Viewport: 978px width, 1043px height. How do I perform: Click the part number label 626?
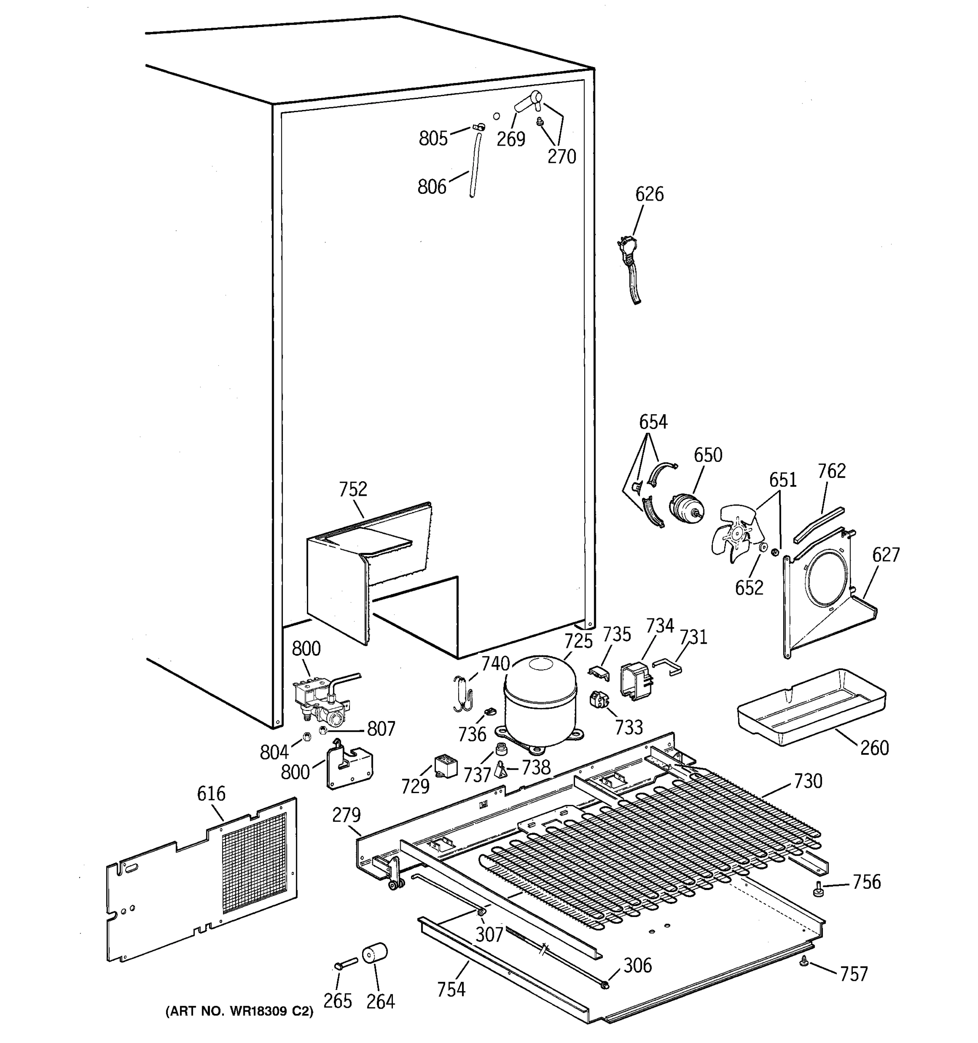coord(649,194)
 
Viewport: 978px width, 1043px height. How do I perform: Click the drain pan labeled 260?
coord(811,706)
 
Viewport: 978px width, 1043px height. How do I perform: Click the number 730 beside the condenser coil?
coord(808,781)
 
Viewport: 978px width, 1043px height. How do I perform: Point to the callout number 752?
coord(353,489)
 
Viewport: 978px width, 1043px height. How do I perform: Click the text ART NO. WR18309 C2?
coord(239,1012)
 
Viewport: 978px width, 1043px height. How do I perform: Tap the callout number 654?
coord(653,422)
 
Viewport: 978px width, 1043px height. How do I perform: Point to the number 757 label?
coord(854,974)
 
